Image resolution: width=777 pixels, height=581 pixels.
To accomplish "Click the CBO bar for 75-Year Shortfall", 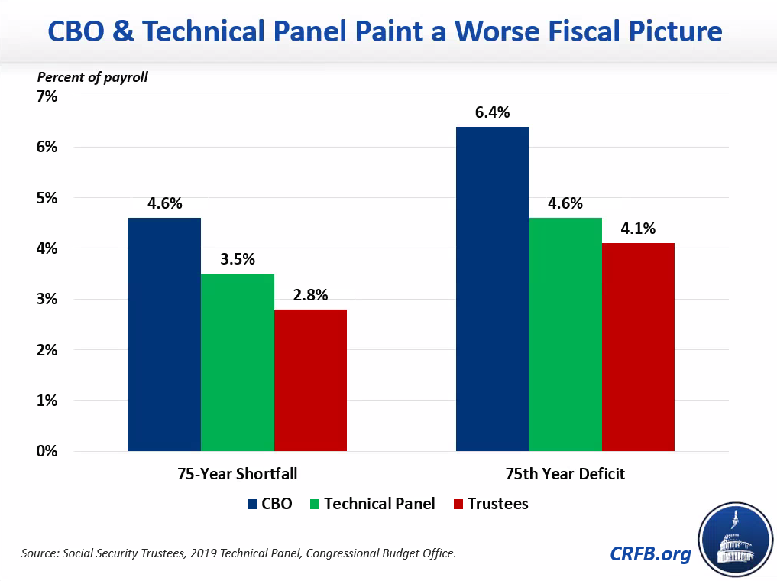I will tap(164, 334).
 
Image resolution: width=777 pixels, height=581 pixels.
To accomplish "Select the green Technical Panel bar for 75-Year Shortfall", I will tap(238, 362).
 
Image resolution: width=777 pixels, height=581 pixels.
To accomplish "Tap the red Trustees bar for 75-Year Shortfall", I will tap(310, 380).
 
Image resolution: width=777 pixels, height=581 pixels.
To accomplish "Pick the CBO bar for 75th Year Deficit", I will tap(492, 289).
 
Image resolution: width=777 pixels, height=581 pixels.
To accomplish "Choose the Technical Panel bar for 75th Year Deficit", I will tap(565, 334).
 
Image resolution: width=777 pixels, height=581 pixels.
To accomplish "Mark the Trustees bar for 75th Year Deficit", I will tap(638, 347).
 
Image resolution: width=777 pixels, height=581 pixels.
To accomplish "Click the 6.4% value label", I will tap(492, 112).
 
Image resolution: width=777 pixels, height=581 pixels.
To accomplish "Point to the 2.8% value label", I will tap(310, 295).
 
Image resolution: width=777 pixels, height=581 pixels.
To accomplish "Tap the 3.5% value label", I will tap(238, 259).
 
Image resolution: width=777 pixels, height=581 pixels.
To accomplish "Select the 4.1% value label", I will tap(638, 229).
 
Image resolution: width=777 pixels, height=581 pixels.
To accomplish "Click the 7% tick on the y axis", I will tap(47, 96).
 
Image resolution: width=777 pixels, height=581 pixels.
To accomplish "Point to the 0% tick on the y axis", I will tap(47, 451).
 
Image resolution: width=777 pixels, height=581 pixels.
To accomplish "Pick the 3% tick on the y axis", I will tap(47, 299).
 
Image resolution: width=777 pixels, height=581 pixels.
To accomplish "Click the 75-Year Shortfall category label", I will tap(238, 474).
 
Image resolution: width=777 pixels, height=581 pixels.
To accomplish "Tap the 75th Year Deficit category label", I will tap(565, 474).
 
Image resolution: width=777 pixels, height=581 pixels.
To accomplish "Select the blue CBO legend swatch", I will tap(253, 504).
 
